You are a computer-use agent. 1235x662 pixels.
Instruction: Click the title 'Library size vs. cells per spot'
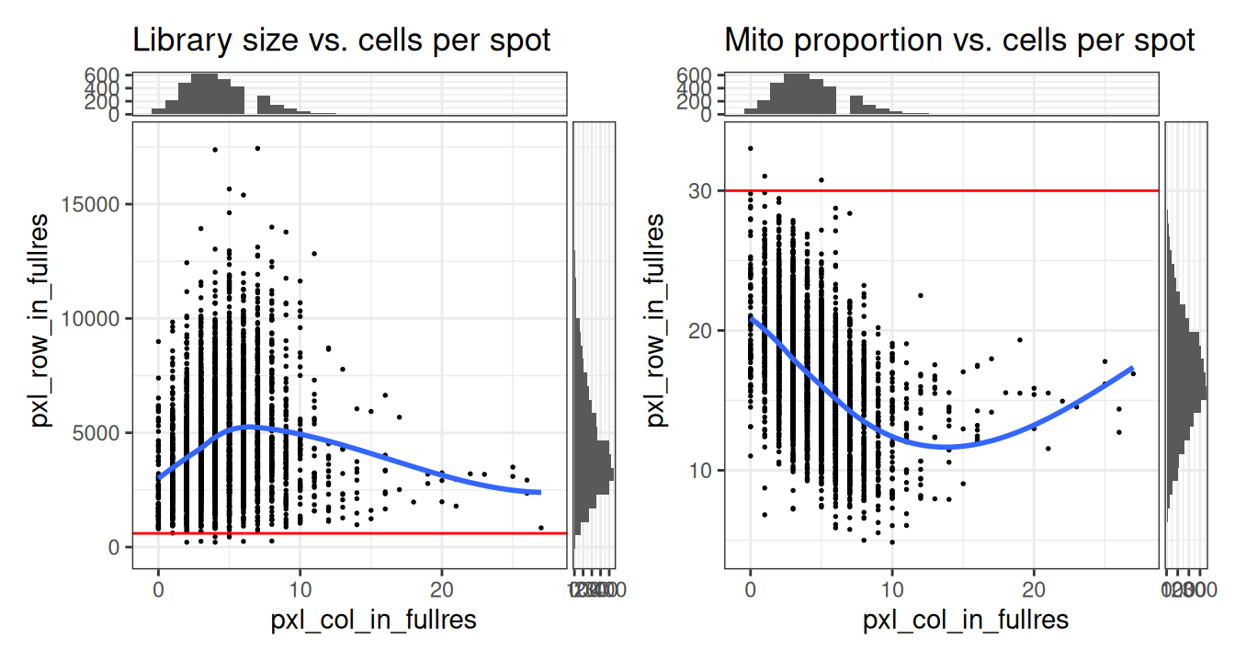click(x=342, y=40)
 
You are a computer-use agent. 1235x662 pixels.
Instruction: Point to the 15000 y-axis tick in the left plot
click(x=96, y=204)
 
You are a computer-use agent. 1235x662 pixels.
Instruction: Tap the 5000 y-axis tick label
click(x=101, y=433)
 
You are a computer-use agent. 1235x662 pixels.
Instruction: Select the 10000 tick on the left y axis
click(x=96, y=318)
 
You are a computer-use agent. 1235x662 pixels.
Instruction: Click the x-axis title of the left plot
click(x=373, y=621)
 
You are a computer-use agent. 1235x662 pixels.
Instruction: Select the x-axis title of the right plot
click(x=966, y=621)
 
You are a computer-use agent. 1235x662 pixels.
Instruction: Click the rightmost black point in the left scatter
click(x=541, y=529)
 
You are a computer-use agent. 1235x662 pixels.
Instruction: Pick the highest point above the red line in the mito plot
click(x=751, y=148)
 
